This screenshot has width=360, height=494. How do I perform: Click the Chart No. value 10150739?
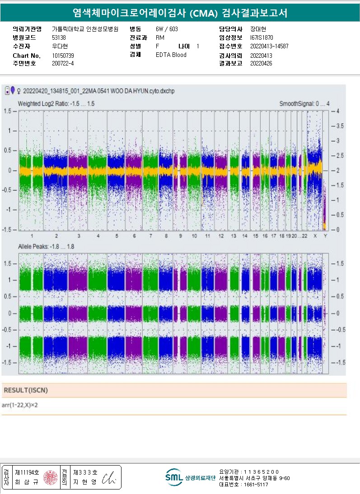click(x=63, y=55)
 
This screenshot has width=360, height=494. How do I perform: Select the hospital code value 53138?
click(x=59, y=37)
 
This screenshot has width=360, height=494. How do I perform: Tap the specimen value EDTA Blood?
click(x=171, y=55)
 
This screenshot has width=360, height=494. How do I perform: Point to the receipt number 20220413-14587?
click(x=269, y=46)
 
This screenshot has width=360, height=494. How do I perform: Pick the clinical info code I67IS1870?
click(x=262, y=37)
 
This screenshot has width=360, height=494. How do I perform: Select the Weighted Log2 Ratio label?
click(x=56, y=104)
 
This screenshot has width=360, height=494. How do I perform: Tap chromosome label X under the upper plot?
click(x=315, y=236)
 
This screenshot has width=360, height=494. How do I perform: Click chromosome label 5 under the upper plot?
click(x=117, y=236)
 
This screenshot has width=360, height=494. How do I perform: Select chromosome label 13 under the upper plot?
click(x=233, y=236)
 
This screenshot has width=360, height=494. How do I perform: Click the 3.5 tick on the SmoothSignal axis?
click(x=340, y=126)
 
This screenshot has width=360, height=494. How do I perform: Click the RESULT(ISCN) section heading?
click(x=25, y=390)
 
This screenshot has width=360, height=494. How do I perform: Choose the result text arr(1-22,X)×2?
click(x=20, y=405)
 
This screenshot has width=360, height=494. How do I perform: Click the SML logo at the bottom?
click(x=173, y=477)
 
